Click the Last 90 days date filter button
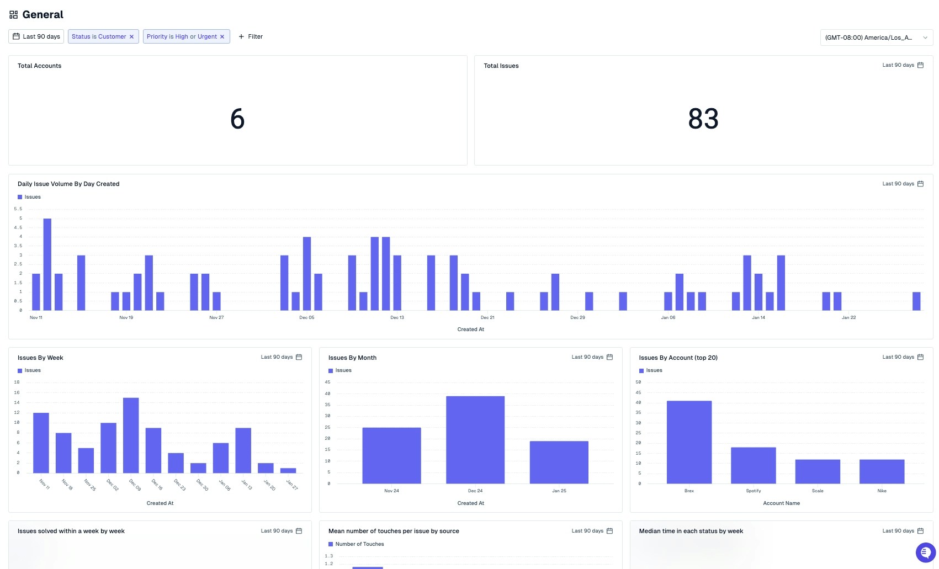36,36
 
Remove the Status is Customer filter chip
131,37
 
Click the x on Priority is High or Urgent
222,37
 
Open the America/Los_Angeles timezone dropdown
876,38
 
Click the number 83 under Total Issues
703,119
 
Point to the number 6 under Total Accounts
237,119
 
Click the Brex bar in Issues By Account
689,442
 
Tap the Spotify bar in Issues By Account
753,465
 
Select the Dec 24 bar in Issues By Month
475,439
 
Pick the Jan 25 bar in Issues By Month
559,462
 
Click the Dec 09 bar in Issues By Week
131,435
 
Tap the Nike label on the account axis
882,491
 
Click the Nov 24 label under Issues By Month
391,491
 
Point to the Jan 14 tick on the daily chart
758,317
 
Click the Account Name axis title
781,503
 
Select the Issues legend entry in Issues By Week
29,370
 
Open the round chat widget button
925,552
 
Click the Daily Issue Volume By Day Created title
68,184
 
